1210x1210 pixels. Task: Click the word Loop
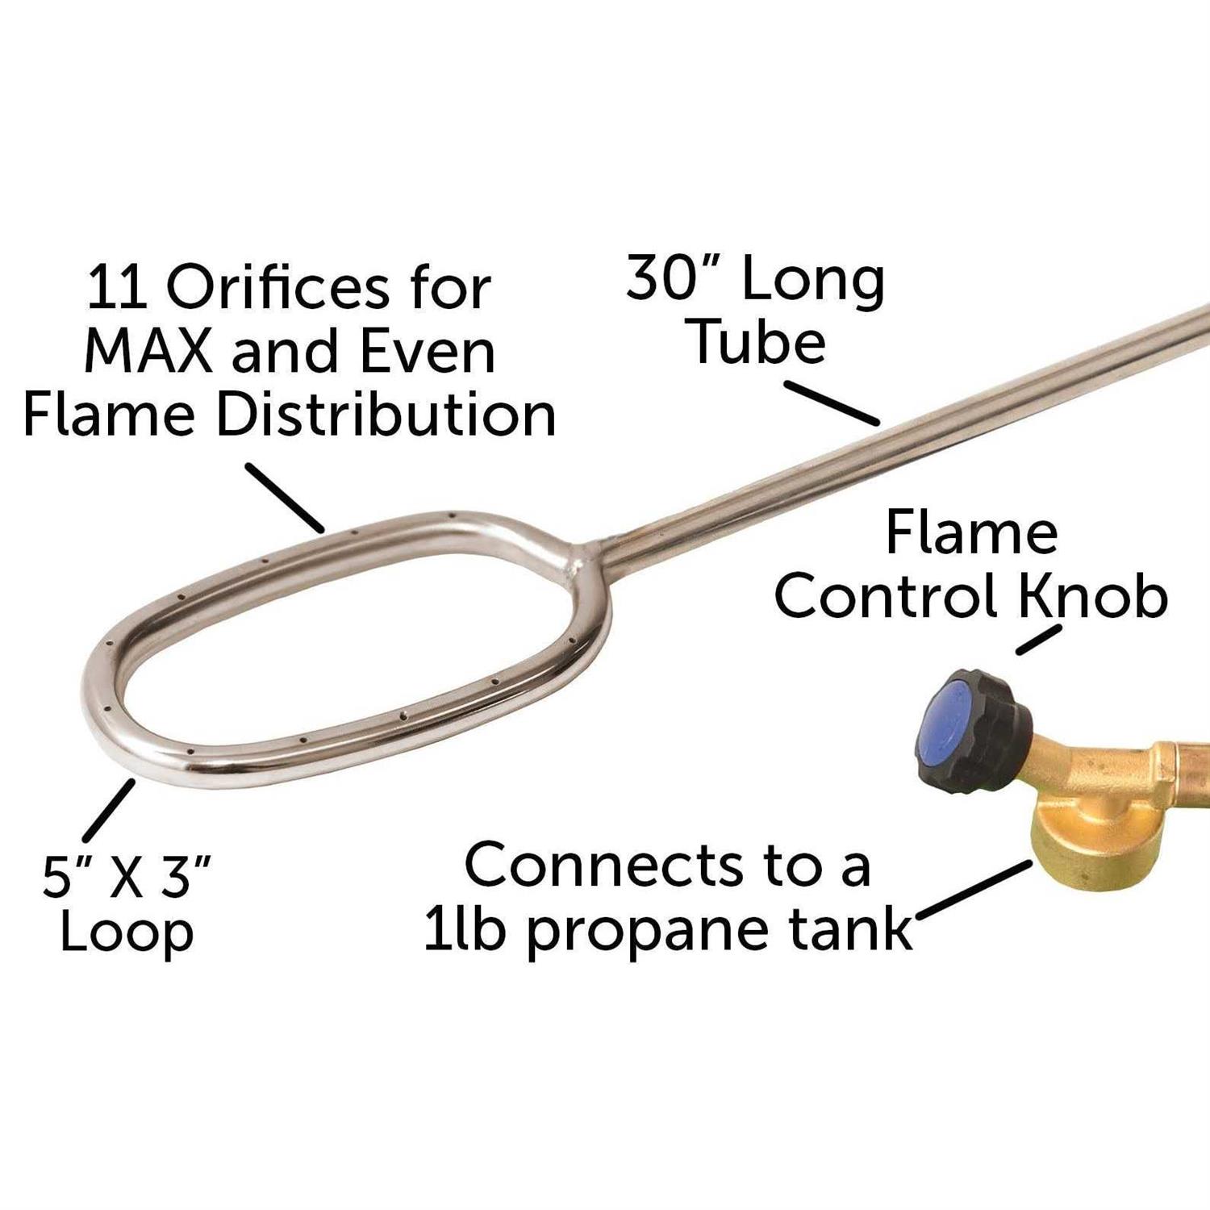127,933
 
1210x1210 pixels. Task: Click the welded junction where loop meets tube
587,557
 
